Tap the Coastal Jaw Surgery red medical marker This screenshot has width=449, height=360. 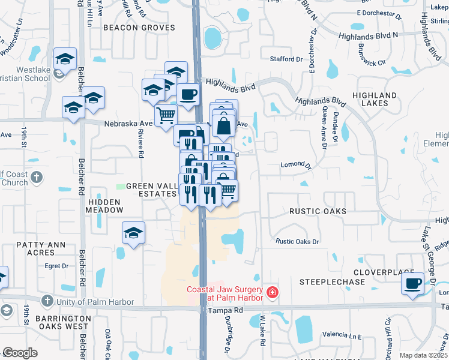pos(273,292)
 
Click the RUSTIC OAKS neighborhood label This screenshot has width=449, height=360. pos(318,211)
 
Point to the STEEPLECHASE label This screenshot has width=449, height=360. pos(328,281)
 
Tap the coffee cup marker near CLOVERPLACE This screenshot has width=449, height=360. pos(412,283)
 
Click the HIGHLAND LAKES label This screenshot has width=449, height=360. pos(375,99)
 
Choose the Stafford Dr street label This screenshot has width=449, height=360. pos(286,59)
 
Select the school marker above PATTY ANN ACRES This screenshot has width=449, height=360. pos(133,233)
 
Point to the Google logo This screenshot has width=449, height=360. pos(20,353)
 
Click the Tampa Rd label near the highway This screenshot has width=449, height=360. pos(224,310)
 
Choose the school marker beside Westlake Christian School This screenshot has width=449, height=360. pos(65,59)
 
